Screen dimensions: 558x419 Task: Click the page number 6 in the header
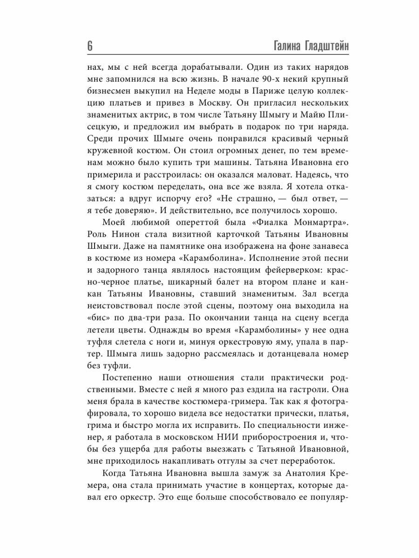tap(90, 46)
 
